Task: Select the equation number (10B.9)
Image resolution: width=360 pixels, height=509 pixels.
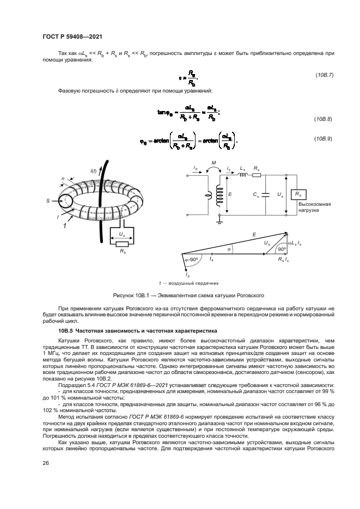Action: (324, 139)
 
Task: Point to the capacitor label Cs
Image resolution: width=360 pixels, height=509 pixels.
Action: (255, 194)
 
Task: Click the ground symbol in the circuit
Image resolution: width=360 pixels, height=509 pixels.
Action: (218, 221)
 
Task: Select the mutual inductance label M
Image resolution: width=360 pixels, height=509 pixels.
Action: (213, 162)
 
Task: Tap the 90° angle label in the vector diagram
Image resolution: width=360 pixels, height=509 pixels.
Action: (281, 250)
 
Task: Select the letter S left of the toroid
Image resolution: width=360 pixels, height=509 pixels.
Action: (48, 201)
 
